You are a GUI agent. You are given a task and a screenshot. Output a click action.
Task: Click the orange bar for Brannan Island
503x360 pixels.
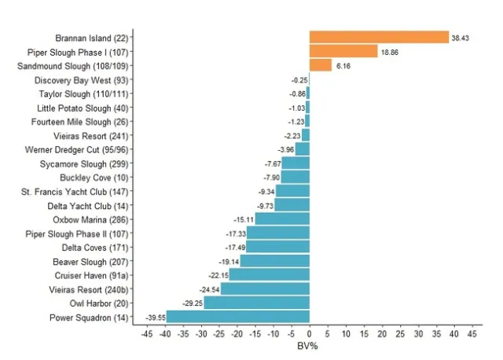coord(378,37)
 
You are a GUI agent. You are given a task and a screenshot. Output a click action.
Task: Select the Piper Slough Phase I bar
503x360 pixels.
coord(343,51)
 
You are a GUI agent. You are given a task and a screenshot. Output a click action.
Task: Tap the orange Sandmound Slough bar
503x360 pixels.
coord(320,65)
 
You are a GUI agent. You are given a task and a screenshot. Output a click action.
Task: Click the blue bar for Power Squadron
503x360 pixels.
coord(237,318)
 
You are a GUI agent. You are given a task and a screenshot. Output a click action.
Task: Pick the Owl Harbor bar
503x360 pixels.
coord(256,303)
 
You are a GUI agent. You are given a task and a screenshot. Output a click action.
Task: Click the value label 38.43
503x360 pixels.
coord(461,38)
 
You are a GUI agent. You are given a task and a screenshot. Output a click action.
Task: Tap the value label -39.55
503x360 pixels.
coord(156,318)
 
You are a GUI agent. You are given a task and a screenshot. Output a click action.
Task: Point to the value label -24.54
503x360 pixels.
coord(209,289)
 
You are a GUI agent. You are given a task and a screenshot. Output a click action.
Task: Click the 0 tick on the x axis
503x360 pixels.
coord(309,333)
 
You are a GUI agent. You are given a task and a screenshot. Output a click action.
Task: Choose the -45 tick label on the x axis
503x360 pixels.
coord(146,333)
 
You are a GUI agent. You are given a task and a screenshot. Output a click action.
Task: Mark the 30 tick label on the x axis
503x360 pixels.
coord(418,333)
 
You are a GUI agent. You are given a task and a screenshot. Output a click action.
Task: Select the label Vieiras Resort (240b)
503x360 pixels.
coord(89,289)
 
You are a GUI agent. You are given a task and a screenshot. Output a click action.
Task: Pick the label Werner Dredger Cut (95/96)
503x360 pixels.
coord(76,149)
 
